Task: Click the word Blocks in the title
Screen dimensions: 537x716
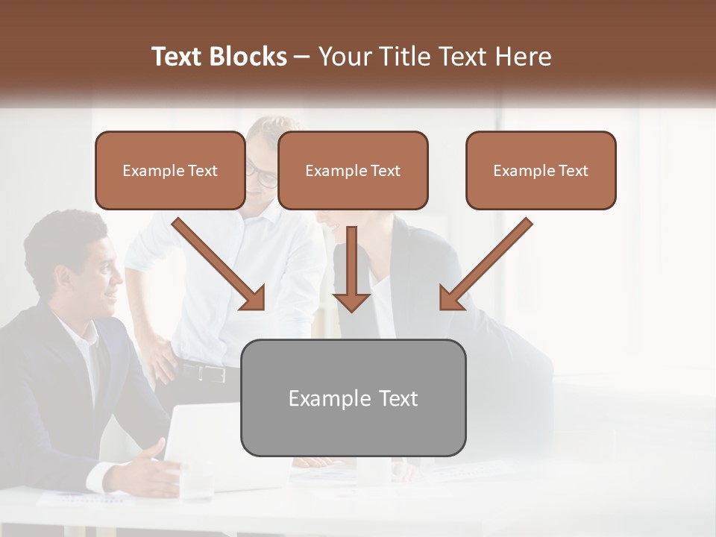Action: click(x=248, y=57)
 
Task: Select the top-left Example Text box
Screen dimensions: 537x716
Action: click(x=170, y=171)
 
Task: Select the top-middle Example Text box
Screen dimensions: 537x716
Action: click(x=353, y=171)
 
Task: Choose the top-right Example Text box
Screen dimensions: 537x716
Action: click(x=541, y=171)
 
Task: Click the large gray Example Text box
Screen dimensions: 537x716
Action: click(x=353, y=398)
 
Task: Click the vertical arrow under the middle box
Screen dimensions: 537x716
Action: click(x=351, y=268)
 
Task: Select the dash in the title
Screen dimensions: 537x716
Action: click(x=302, y=57)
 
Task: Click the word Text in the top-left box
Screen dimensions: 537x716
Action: click(x=202, y=171)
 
